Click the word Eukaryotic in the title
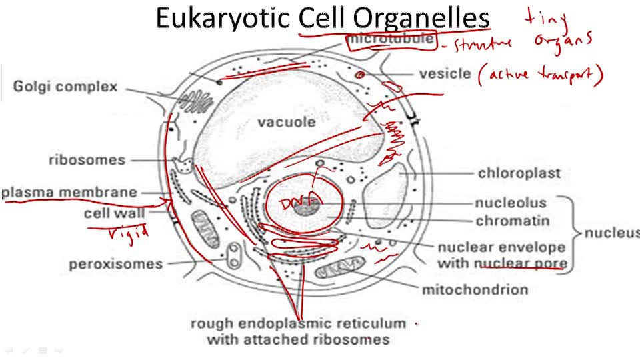(224, 19)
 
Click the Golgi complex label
(65, 87)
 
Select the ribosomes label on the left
(87, 160)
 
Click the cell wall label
(111, 213)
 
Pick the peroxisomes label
(115, 264)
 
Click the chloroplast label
(519, 173)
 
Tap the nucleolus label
(511, 203)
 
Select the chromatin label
(513, 221)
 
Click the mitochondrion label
(475, 289)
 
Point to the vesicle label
(445, 73)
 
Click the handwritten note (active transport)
(540, 76)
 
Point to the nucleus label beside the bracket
(611, 233)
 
